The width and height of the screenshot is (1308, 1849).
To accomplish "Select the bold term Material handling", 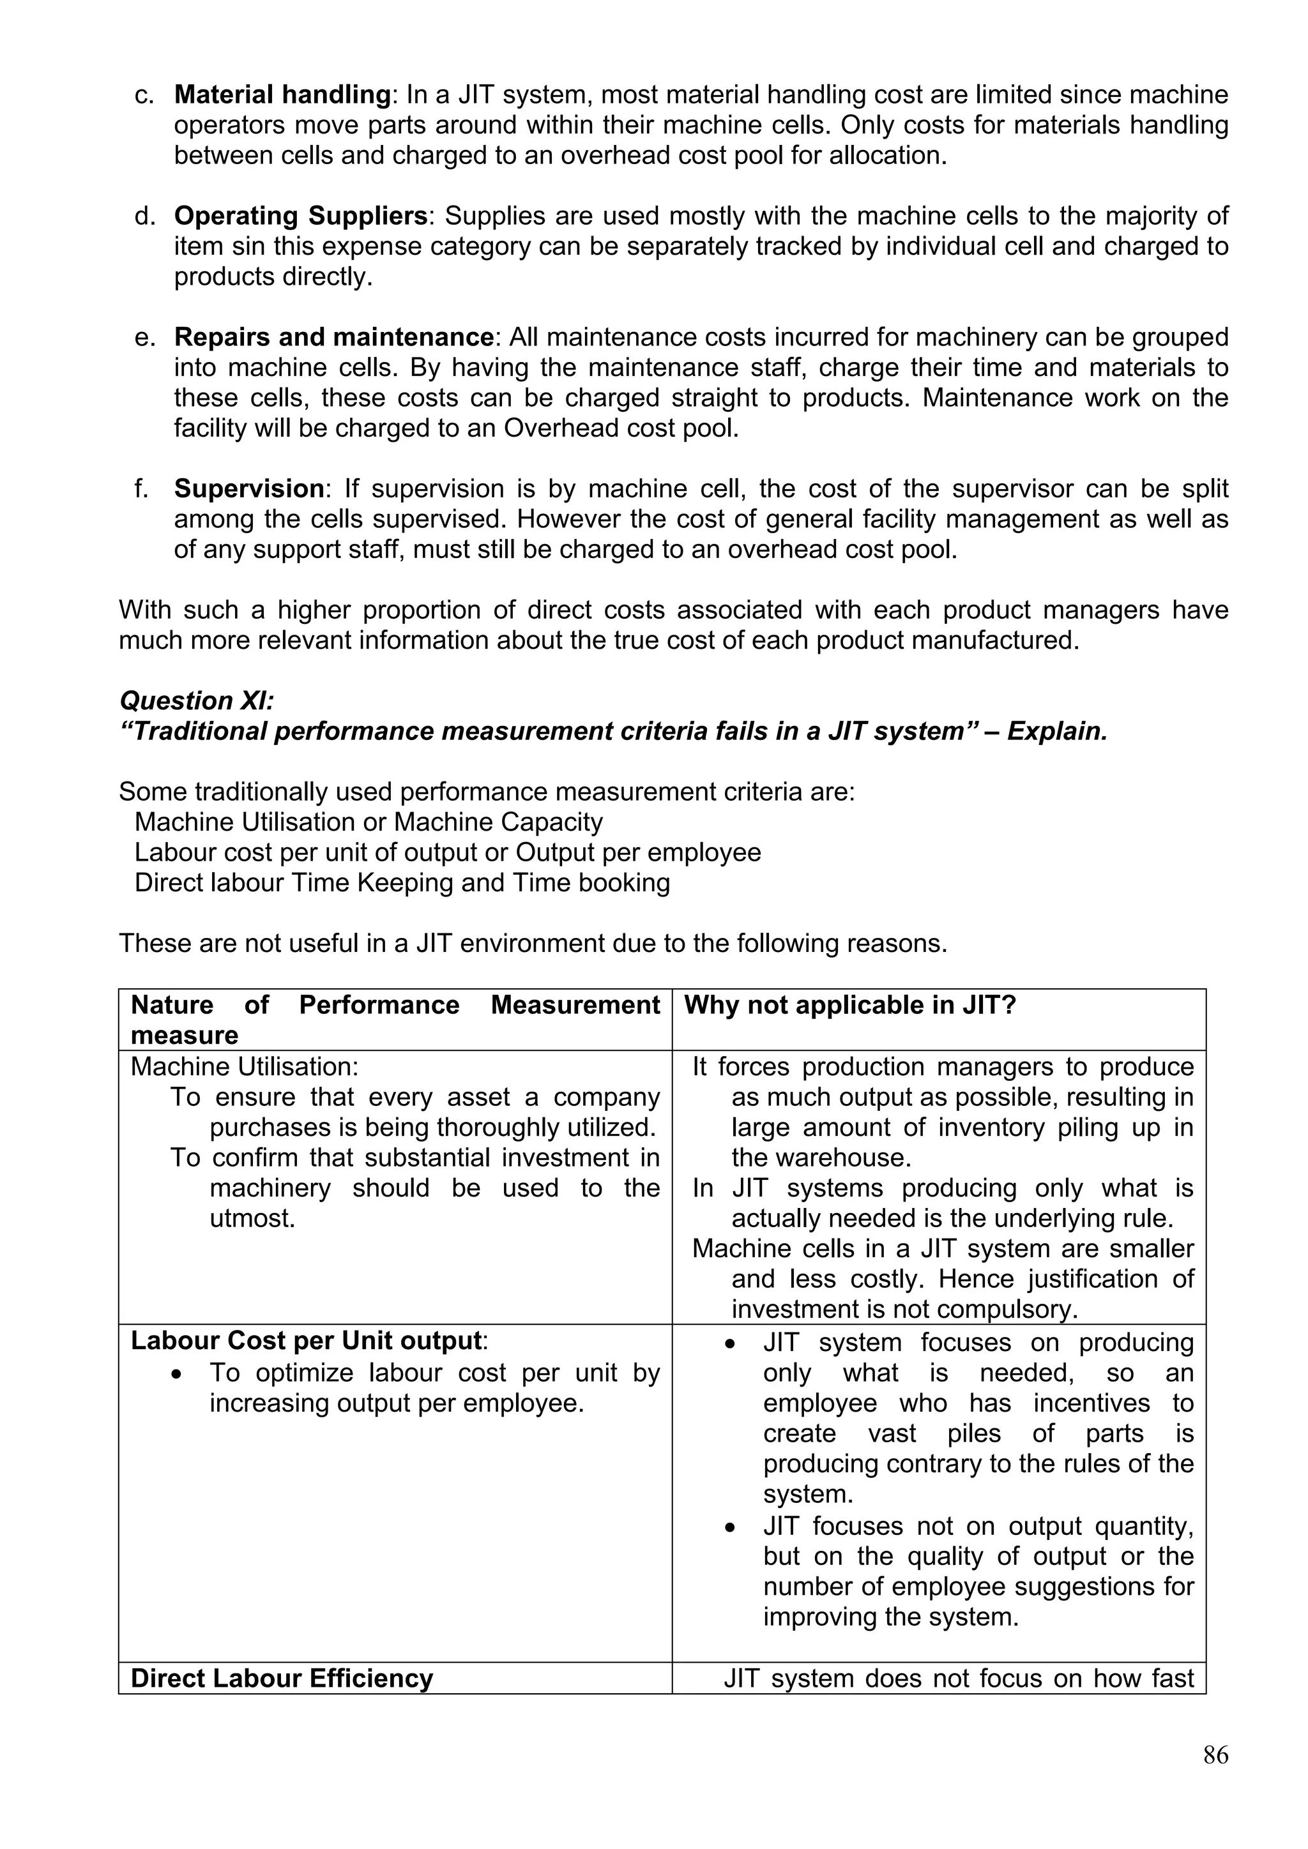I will pos(282,95).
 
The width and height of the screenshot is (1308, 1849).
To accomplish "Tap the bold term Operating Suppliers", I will pos(300,216).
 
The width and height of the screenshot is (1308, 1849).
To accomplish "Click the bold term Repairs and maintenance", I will pos(333,336).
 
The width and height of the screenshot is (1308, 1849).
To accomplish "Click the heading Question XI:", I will pos(197,700).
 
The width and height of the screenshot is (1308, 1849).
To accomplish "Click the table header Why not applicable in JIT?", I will pos(849,1005).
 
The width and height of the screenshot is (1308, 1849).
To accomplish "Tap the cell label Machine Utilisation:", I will pos(244,1067).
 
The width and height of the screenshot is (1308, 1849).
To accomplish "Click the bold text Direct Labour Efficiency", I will pos(282,1679).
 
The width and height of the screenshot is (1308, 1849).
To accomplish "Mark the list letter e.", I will pos(145,337).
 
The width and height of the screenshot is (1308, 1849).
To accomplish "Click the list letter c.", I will pos(145,96).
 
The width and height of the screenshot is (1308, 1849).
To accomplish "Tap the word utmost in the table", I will pos(252,1218).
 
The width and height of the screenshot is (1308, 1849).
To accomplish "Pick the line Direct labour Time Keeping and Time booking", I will pos(402,882).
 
